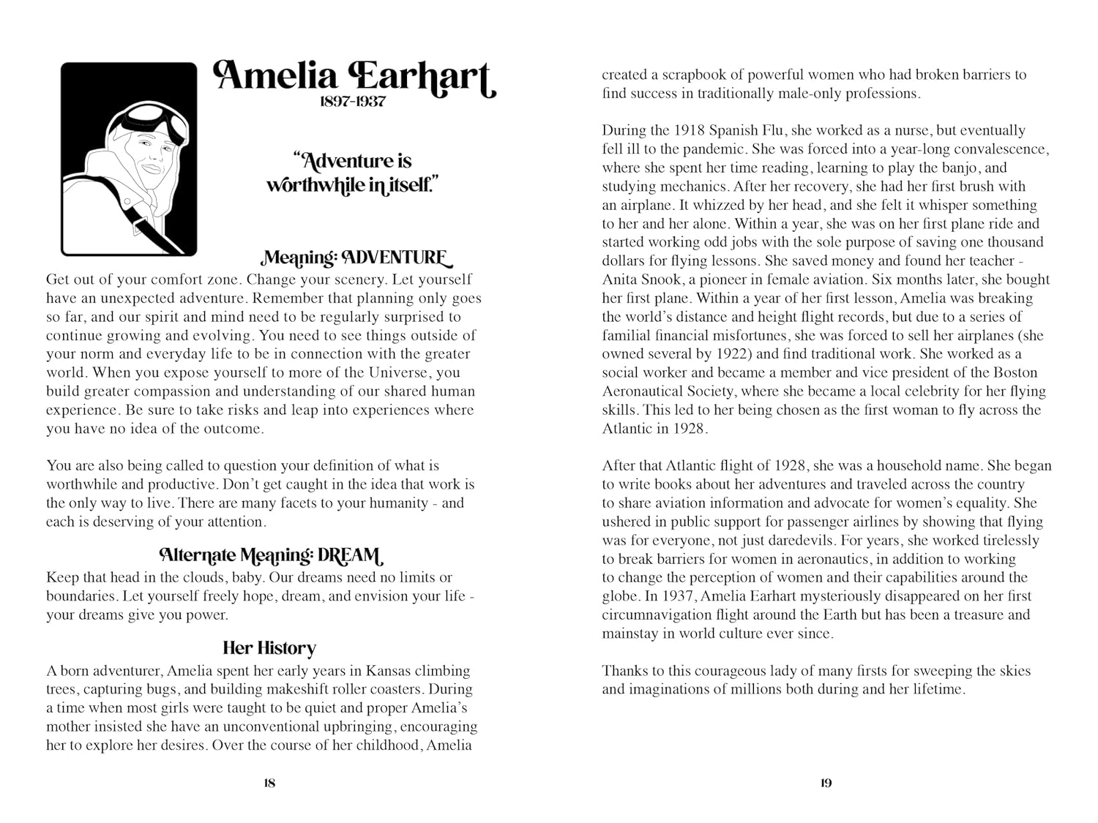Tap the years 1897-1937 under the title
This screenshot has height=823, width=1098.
coord(353,102)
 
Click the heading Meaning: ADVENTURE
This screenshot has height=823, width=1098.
coord(356,258)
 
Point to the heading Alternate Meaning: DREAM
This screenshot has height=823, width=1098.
coord(271,556)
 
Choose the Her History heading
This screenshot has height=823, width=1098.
coord(269,648)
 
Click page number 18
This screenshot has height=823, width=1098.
coord(269,783)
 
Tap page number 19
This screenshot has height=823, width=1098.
coord(826,783)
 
